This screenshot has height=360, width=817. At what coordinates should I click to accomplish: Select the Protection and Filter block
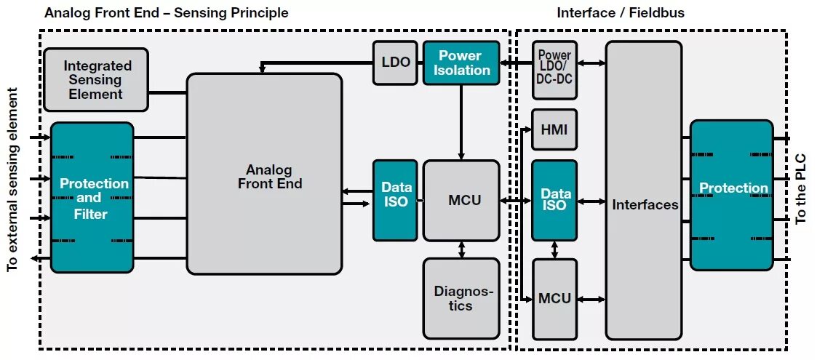[x=92, y=198]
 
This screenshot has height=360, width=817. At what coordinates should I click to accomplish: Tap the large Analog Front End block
[x=264, y=174]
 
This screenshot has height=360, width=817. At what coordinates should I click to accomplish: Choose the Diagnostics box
[x=461, y=298]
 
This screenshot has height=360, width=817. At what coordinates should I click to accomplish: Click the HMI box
[x=554, y=130]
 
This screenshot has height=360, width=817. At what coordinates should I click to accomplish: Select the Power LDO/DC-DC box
[x=554, y=70]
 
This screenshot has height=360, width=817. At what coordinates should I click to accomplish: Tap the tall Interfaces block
[x=644, y=191]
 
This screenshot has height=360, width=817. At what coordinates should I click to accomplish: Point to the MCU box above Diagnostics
[x=461, y=200]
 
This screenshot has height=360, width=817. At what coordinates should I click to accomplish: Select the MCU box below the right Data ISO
[x=554, y=298]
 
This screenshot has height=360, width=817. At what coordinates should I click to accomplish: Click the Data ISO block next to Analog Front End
[x=395, y=200]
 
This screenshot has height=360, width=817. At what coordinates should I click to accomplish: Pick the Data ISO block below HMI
[x=554, y=200]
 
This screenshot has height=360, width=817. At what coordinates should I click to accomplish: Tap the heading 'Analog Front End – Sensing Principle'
[x=167, y=13]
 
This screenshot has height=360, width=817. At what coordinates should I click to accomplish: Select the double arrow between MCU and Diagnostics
[x=461, y=249]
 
